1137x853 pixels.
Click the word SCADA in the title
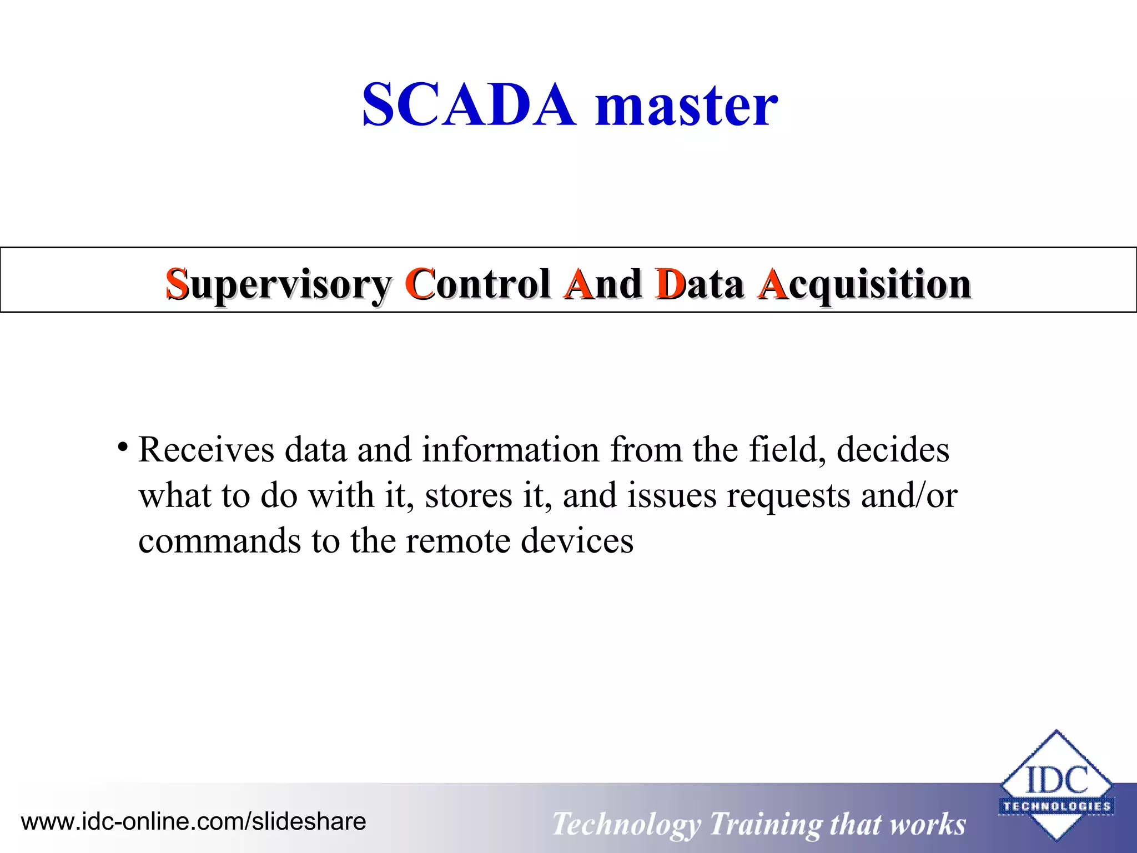469,105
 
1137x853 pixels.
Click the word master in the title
686,105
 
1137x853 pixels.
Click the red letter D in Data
670,284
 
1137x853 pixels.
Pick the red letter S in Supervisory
177,284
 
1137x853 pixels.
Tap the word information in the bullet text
510,449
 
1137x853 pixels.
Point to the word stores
469,495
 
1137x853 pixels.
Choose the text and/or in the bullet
909,495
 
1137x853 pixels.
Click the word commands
219,540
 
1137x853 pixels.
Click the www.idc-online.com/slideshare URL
194,821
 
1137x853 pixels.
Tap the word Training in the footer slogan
765,824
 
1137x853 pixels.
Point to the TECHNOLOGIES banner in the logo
1056,806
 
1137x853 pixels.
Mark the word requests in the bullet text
788,496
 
